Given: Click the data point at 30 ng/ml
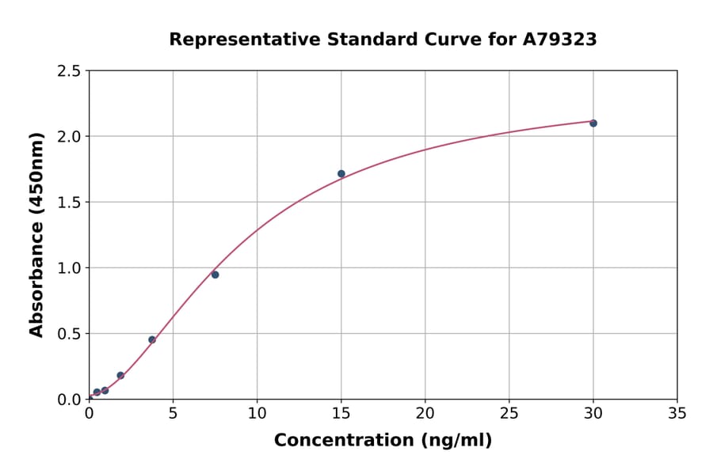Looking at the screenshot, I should pyautogui.click(x=593, y=123).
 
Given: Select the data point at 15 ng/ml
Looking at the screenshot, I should pyautogui.click(x=341, y=174).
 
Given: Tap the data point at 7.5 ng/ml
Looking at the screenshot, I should pyautogui.click(x=215, y=275).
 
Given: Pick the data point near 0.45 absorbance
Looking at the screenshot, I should pyautogui.click(x=152, y=339).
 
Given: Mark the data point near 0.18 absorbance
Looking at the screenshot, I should pyautogui.click(x=120, y=375).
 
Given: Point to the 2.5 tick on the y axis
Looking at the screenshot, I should pyautogui.click(x=69, y=71).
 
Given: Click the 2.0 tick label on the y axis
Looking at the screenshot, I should pyautogui.click(x=69, y=137).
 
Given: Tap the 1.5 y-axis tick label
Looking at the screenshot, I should pyautogui.click(x=69, y=203).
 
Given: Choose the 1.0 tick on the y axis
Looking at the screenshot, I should pyautogui.click(x=69, y=268).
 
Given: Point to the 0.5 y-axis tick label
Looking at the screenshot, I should pyautogui.click(x=69, y=334).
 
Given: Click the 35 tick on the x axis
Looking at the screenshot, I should pyautogui.click(x=677, y=413).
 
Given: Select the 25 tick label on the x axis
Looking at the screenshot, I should pyautogui.click(x=509, y=413).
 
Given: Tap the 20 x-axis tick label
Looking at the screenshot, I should pyautogui.click(x=425, y=413).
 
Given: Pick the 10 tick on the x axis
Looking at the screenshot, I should pyautogui.click(x=257, y=413).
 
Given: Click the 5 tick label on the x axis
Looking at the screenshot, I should pyautogui.click(x=173, y=413).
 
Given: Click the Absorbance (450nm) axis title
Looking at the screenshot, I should pyautogui.click(x=36, y=235).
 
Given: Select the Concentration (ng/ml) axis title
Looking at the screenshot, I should pyautogui.click(x=383, y=441).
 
